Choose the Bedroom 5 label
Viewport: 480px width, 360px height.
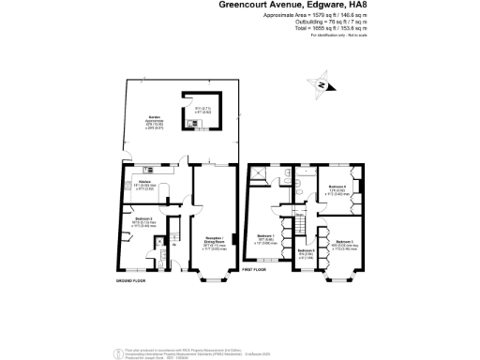click(305, 250)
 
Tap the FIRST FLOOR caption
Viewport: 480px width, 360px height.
click(255, 270)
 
